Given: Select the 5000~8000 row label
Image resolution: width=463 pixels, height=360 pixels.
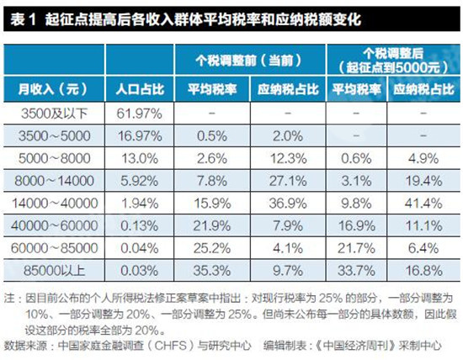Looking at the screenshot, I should coord(55,157).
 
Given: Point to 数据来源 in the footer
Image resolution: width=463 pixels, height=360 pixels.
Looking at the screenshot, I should coord(26,344).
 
